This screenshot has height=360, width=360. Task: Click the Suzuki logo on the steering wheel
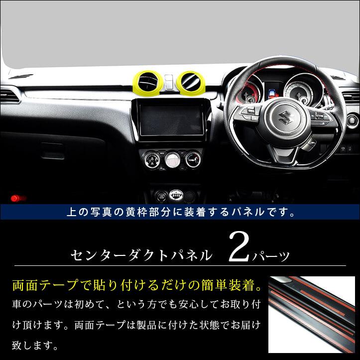tap(285, 118)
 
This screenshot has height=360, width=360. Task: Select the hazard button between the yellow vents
tap(169, 82)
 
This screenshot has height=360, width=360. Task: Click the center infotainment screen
tap(171, 120)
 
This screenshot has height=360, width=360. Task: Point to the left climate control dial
tap(151, 159)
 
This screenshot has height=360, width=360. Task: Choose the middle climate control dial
tap(172, 159)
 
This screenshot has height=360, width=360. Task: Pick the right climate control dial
tap(193, 159)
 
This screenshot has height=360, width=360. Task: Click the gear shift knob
tap(176, 195)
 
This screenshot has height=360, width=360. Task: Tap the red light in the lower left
tap(18, 198)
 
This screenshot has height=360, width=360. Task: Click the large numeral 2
tap(239, 247)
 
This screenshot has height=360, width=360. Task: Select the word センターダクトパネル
tap(141, 255)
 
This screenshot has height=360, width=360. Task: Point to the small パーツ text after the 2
tap(270, 256)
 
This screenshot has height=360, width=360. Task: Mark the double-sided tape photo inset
tap(312, 315)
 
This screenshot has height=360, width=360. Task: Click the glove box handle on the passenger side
tap(53, 150)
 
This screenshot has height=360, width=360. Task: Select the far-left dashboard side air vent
tap(9, 95)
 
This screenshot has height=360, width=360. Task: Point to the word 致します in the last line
tap(34, 345)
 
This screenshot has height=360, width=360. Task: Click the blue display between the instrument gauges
tap(273, 93)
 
